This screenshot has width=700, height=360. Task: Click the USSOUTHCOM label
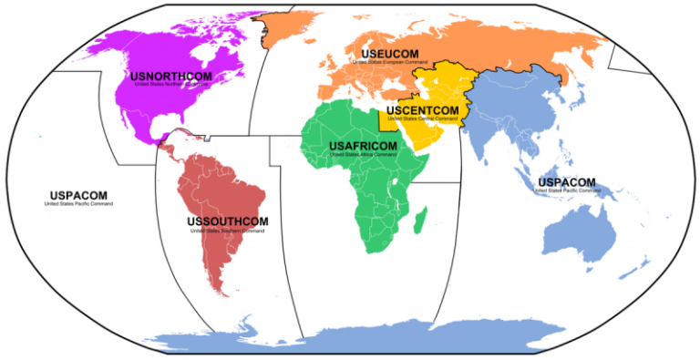coord(227,221)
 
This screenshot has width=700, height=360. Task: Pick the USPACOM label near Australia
coord(567,182)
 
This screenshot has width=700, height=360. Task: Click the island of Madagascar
coord(420,220)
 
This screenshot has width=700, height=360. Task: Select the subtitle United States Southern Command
coord(227,231)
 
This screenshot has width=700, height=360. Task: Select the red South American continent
coord(228,196)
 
